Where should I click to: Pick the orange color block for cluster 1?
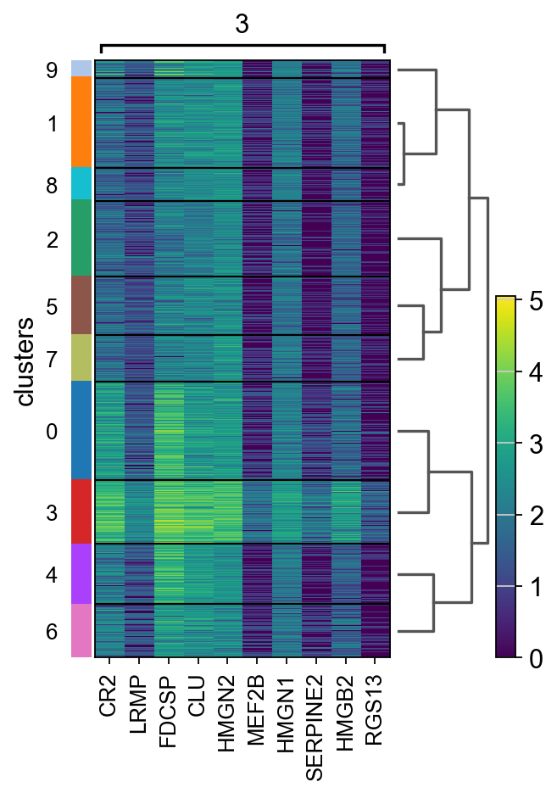[x=81, y=122]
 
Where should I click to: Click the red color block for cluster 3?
[x=81, y=511]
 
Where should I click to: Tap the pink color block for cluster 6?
[x=81, y=630]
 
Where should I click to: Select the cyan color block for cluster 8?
[x=81, y=183]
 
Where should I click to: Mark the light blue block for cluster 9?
[x=81, y=68]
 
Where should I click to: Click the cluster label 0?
[x=53, y=432]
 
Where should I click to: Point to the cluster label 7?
[x=53, y=360]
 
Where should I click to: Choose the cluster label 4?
[x=53, y=574]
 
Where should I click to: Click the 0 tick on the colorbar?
[x=535, y=657]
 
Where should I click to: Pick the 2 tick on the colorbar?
[x=535, y=515]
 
